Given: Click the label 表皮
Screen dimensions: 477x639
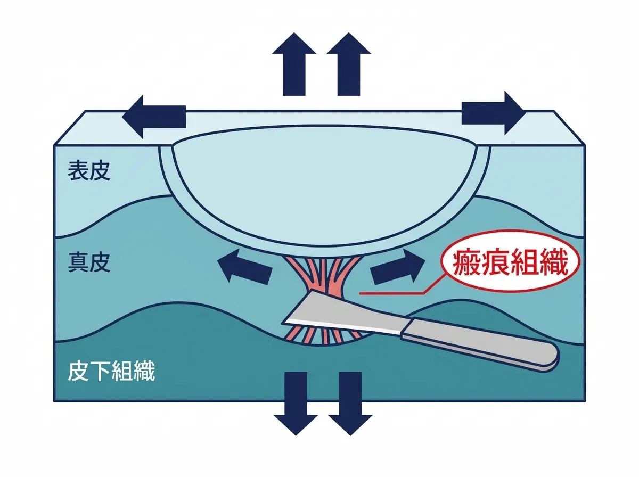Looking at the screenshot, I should coord(89,172).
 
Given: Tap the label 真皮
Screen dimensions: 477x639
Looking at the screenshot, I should coord(89,263).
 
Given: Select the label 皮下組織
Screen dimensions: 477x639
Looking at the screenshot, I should coord(112,372).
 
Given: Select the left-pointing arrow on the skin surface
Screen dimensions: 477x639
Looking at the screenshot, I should coord(154,116).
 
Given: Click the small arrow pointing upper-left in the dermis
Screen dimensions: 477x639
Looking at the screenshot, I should coord(244,266).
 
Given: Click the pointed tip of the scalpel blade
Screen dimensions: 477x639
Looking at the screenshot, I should coord(284,322).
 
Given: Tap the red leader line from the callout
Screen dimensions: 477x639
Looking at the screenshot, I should coord(394,292).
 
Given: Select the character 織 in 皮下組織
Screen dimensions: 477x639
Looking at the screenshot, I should coord(144,372).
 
